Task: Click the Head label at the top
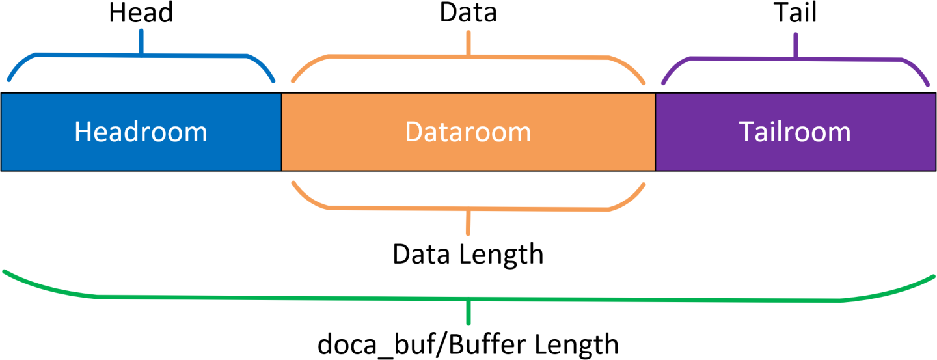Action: [x=141, y=13]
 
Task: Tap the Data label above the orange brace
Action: [x=468, y=13]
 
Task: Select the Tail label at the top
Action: [x=795, y=13]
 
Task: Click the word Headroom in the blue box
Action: [x=141, y=132]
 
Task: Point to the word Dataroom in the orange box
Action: [x=468, y=132]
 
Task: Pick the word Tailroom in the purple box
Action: [x=795, y=132]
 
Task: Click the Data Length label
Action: [x=468, y=254]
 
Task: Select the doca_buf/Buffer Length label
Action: [x=468, y=343]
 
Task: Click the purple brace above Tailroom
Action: [x=846, y=59]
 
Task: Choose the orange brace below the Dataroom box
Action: [x=390, y=208]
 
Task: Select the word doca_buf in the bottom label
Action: [x=364, y=343]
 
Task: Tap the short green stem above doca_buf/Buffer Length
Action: [x=468, y=313]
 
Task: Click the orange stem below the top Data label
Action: [x=468, y=42]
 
